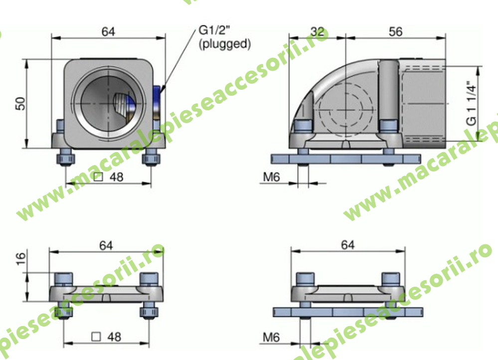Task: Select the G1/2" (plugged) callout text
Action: pyautogui.click(x=224, y=37)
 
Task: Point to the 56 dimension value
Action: pyautogui.click(x=395, y=31)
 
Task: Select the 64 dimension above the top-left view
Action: pyautogui.click(x=108, y=31)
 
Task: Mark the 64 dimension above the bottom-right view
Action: pyautogui.click(x=347, y=245)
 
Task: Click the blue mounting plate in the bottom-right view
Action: pyautogui.click(x=347, y=312)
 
